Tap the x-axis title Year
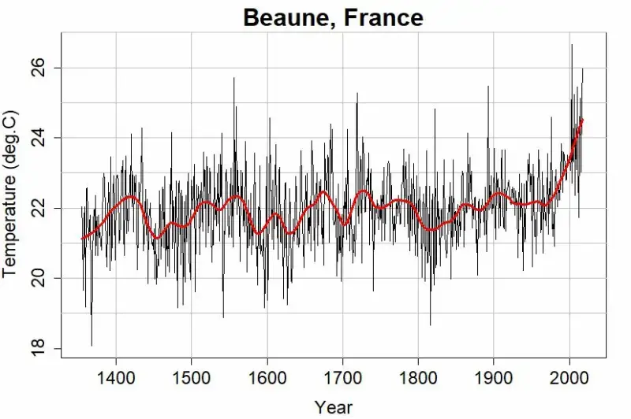(x=334, y=407)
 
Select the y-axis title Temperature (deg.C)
(x=9, y=194)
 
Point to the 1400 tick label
(x=116, y=378)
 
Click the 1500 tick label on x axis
(x=192, y=378)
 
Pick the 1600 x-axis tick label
(x=267, y=378)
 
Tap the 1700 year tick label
(x=343, y=378)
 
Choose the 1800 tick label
(x=419, y=378)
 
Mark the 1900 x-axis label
(x=494, y=378)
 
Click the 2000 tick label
(x=569, y=378)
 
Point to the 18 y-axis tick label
(x=39, y=348)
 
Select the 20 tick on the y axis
(x=39, y=278)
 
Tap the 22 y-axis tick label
(x=39, y=208)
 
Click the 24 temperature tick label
(x=39, y=138)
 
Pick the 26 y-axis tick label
(x=39, y=68)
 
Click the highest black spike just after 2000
(x=572, y=45)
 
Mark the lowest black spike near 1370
(x=91, y=345)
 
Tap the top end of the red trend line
(x=582, y=120)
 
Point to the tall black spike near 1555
(x=233, y=79)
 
